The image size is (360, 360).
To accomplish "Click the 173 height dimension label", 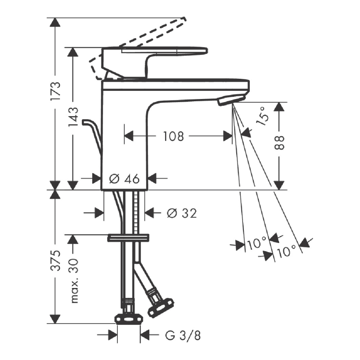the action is tap(55, 90).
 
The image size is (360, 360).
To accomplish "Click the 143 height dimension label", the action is tap(73, 117).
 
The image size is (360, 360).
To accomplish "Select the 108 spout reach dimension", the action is tap(173, 136).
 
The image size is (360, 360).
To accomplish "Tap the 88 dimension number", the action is tap(279, 143).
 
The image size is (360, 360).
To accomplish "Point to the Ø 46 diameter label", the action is tap(124, 179).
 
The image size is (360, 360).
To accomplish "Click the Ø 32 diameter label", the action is tap(182, 213).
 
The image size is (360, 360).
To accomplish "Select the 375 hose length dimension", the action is tap(55, 260).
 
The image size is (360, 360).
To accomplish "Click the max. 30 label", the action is tap(74, 281).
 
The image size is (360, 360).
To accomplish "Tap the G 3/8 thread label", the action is tap(183, 335).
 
